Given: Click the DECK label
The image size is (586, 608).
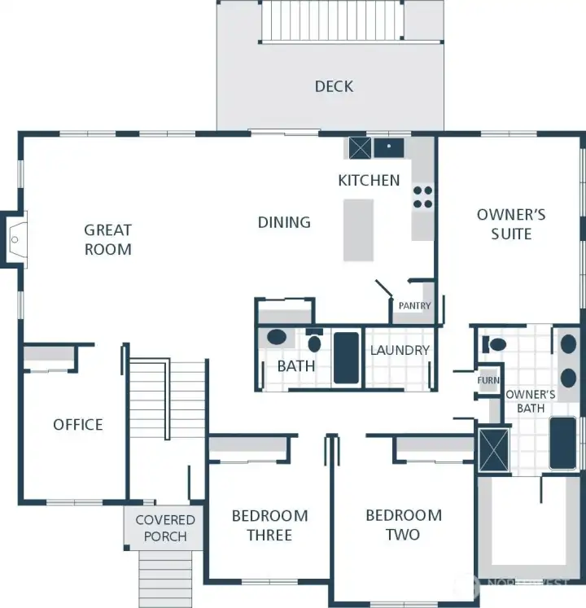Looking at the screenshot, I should click(334, 86).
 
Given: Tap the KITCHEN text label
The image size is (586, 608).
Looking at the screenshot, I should click(369, 180).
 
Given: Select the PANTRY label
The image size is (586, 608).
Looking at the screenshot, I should click(414, 306).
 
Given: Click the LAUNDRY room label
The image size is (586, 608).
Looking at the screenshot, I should click(400, 350).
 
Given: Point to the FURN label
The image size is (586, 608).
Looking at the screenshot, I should click(488, 380).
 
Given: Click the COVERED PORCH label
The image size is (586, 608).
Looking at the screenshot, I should click(165, 527).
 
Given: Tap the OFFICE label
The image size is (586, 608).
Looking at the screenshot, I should click(78, 424).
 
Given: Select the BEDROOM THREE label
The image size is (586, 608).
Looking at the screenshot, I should click(269, 525).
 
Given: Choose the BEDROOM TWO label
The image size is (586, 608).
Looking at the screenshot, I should click(403, 524).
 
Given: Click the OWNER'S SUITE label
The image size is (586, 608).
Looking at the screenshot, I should click(511, 224).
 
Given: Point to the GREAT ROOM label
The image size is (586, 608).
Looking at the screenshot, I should click(107, 239).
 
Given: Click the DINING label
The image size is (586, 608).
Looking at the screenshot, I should click(284, 222).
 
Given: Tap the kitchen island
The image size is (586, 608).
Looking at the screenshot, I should click(358, 230).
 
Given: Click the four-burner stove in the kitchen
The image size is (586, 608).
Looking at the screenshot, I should click(422, 198).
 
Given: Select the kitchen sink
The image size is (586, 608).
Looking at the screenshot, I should click(388, 147).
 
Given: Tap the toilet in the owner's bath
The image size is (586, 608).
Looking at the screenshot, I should click(492, 344).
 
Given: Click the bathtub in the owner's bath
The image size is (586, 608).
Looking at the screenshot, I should click(562, 443).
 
